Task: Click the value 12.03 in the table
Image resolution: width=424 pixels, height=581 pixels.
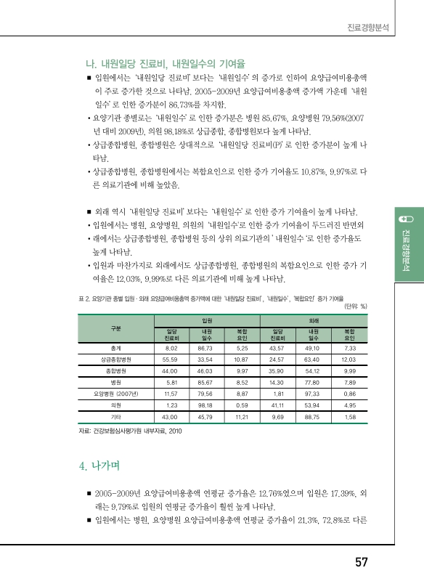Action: [x=348, y=359]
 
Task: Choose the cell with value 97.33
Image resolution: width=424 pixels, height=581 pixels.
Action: [x=313, y=392]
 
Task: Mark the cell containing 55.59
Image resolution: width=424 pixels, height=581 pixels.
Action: [x=171, y=359]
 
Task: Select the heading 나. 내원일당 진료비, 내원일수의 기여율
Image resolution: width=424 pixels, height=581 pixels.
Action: [x=165, y=62]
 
